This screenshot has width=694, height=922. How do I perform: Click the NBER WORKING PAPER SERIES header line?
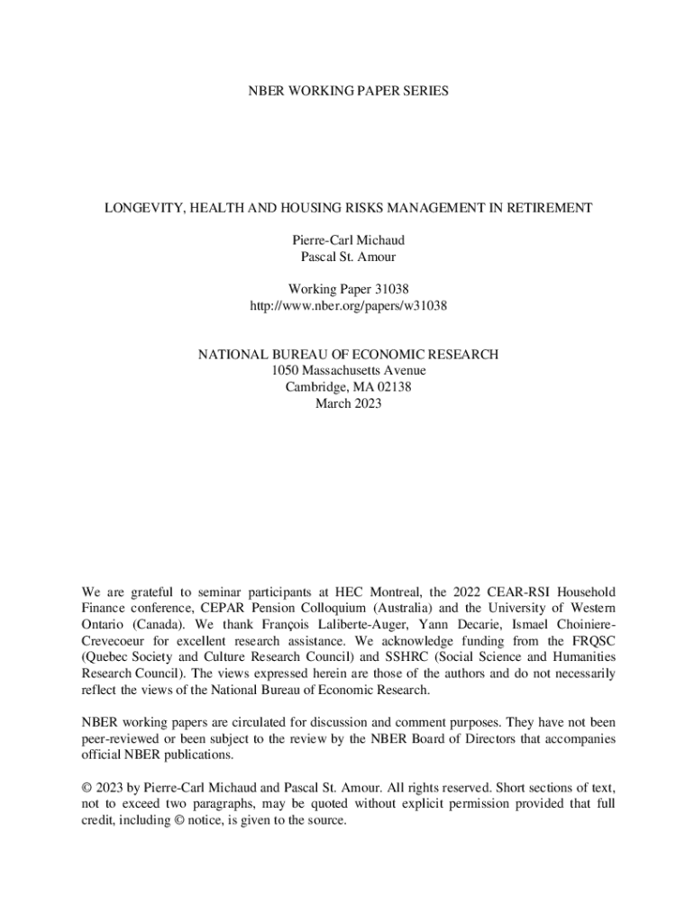[348, 91]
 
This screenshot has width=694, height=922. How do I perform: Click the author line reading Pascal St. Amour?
[348, 257]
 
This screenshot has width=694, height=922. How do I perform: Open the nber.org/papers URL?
[348, 306]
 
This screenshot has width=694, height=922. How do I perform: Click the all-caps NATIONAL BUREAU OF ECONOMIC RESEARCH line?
[348, 355]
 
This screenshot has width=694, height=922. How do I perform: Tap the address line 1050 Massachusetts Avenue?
[348, 371]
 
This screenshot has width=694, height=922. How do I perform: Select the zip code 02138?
[392, 387]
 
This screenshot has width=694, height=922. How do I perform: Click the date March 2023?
[348, 403]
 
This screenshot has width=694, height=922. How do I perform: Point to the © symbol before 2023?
[87, 788]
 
